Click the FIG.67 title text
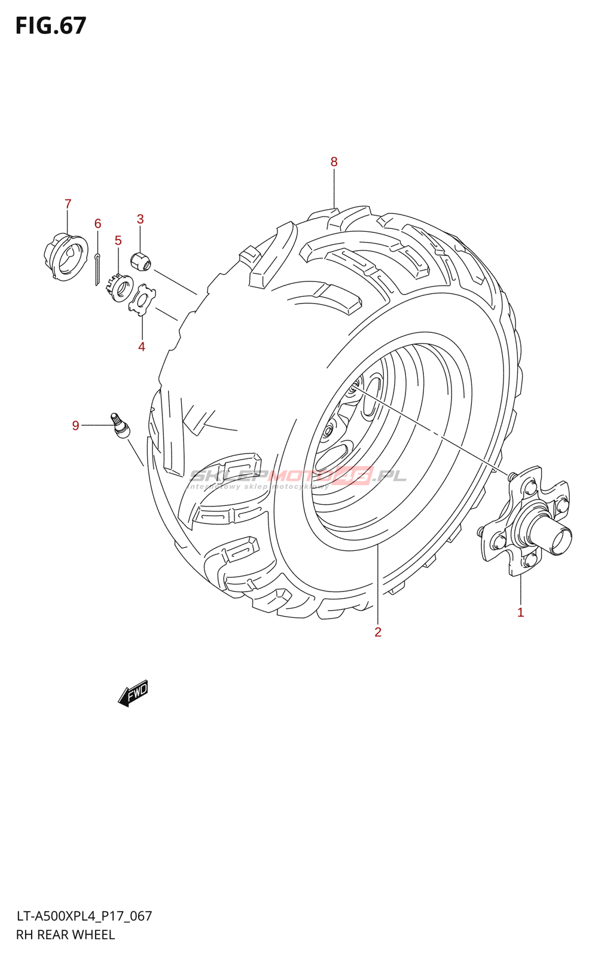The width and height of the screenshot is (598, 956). pos(51,26)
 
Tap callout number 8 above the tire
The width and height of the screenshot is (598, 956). pos(334,162)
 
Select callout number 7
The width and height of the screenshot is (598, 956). pos(68,204)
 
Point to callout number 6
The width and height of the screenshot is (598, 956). pos(97,224)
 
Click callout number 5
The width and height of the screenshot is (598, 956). pos(118,241)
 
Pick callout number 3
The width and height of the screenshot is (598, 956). pos(140,219)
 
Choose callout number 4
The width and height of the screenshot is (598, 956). pos(142,347)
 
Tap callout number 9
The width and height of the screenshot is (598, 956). pos(75,425)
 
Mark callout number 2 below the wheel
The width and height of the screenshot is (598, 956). pos(378,632)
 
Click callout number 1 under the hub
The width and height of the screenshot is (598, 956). pos(520,612)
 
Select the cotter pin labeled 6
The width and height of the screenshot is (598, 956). pos(97,269)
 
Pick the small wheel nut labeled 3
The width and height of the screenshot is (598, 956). pos(141,261)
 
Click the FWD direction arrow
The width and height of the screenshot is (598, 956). pos(133,693)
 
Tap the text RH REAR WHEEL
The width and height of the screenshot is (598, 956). pos(65,934)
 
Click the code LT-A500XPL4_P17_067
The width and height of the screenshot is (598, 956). pos(84,916)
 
